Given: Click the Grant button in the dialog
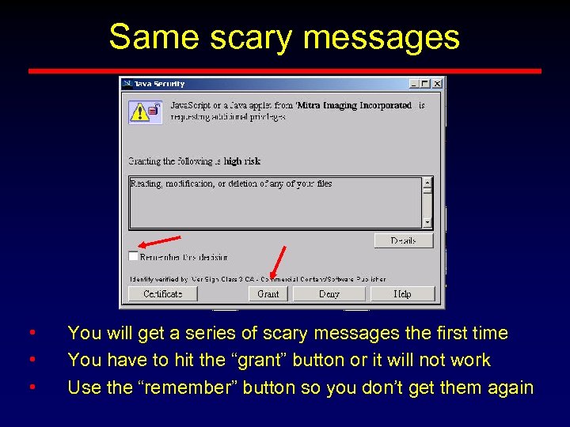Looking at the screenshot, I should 268,293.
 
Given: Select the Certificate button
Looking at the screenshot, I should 163,293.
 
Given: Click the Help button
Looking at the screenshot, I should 402,293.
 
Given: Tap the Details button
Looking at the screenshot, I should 403,240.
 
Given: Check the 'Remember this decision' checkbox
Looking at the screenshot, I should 133,256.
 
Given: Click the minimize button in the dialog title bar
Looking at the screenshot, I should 414,83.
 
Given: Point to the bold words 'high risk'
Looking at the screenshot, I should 242,161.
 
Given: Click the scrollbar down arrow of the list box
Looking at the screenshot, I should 427,222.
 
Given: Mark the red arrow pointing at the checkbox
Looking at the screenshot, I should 158,241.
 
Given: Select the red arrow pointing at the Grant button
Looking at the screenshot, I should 277,263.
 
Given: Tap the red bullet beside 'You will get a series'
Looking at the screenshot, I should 31,333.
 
